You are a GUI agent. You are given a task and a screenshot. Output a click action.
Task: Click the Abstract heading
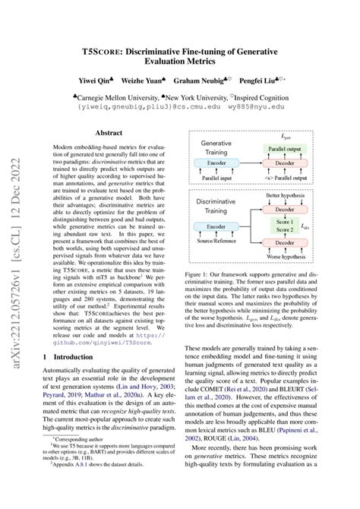click(x=109, y=130)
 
